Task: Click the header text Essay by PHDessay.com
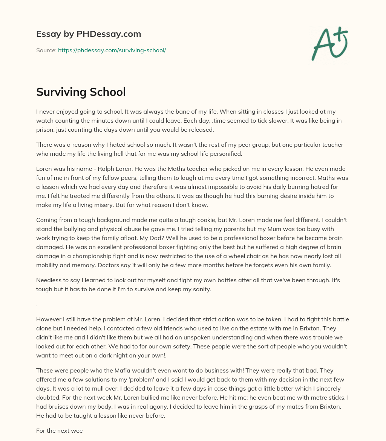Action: pos(89,34)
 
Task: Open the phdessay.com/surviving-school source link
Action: pos(112,50)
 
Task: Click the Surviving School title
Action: pos(81,92)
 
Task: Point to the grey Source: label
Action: pos(46,50)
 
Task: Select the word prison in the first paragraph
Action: pos(45,130)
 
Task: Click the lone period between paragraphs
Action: pos(37,305)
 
